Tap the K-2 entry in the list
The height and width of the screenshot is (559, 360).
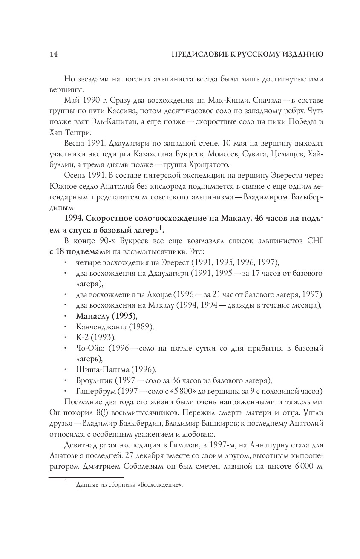pyautogui.click(x=82, y=337)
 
